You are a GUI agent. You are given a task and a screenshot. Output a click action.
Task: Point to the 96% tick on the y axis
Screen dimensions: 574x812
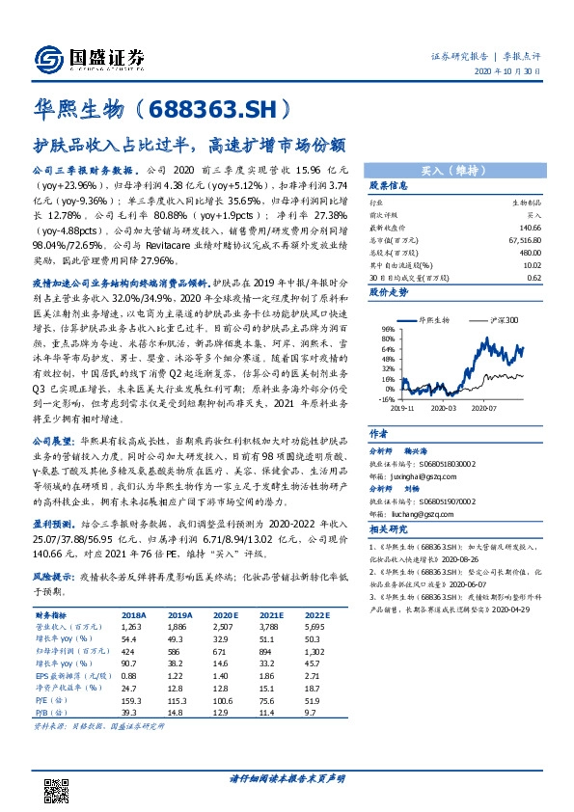point(387,328)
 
